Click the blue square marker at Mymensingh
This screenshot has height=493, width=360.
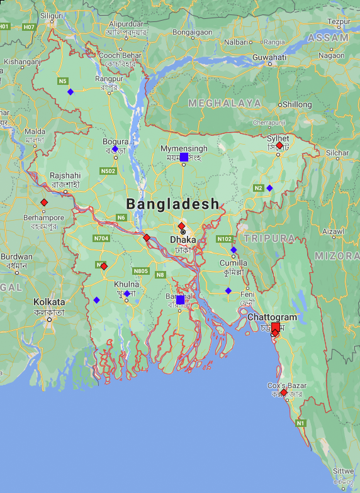184,157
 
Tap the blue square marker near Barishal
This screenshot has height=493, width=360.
180,300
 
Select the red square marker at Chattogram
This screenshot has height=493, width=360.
276,327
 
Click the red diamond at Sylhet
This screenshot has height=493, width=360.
279,145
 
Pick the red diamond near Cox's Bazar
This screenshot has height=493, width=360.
284,392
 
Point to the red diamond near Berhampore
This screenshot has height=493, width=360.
44,202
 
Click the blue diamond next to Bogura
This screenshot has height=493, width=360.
115,149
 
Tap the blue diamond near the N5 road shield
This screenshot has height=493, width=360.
70,92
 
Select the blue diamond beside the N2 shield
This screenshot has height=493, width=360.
269,188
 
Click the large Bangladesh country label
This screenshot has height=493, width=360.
172,204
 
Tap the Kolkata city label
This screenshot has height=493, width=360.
49,302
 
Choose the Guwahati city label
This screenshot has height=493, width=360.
269,57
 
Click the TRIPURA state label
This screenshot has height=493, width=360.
269,238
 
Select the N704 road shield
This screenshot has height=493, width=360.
101,238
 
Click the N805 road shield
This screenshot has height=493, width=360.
141,271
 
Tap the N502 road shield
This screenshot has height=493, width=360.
108,171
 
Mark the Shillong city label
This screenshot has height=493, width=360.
296,104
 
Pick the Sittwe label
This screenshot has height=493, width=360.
344,471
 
